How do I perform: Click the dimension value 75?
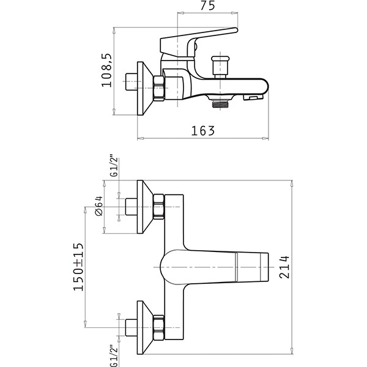pos(207,6)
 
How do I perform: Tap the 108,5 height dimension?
pos(106,70)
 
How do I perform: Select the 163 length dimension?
pos(203,131)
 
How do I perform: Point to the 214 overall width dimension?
pos(284,267)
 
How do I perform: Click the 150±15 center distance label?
pos(78,267)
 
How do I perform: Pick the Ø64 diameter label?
pos(98,206)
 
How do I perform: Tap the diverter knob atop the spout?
pos(220,67)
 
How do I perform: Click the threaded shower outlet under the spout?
pos(220,103)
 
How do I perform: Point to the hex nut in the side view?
pos(159,88)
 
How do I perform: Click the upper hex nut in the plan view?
pos(159,207)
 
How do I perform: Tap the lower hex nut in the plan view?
pos(159,328)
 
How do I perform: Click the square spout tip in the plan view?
pos(264,267)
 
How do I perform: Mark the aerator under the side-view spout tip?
pos(253,97)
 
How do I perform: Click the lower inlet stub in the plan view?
pos(132,328)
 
